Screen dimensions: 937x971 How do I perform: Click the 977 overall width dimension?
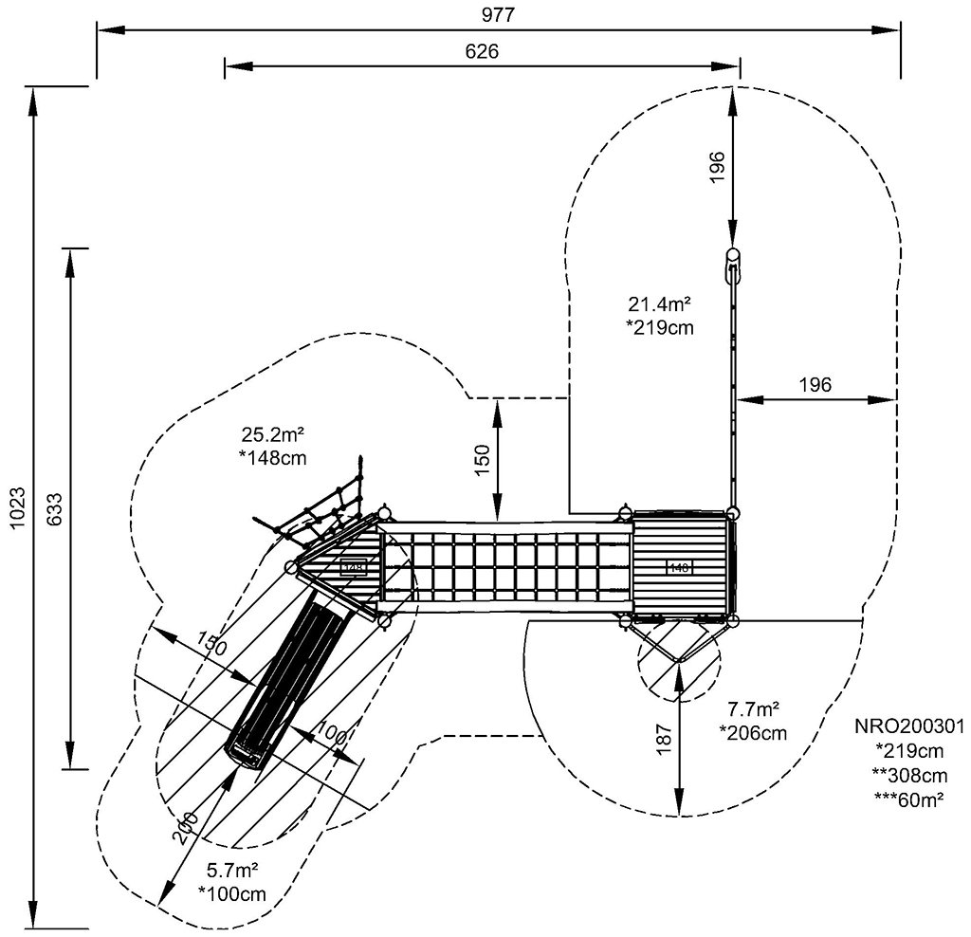click(x=498, y=14)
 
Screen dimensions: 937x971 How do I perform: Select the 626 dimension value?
click(x=482, y=50)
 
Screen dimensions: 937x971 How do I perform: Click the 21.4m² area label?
click(x=659, y=304)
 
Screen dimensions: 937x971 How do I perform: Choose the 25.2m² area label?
click(x=272, y=435)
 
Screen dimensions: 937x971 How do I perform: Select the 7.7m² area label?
click(x=753, y=708)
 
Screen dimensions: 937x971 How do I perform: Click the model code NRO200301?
click(x=909, y=726)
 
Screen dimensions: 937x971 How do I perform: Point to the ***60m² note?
click(x=909, y=799)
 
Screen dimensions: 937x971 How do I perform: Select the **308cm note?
click(x=909, y=775)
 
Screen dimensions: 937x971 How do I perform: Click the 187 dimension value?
click(x=664, y=735)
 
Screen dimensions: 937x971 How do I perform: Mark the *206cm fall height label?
click(x=753, y=732)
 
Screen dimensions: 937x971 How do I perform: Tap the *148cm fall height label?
click(x=272, y=459)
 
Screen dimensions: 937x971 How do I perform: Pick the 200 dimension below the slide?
click(x=188, y=830)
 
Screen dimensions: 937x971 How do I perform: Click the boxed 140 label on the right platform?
click(x=679, y=567)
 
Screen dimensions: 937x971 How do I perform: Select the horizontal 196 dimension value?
click(x=815, y=384)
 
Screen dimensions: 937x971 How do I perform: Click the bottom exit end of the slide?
click(x=246, y=753)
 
